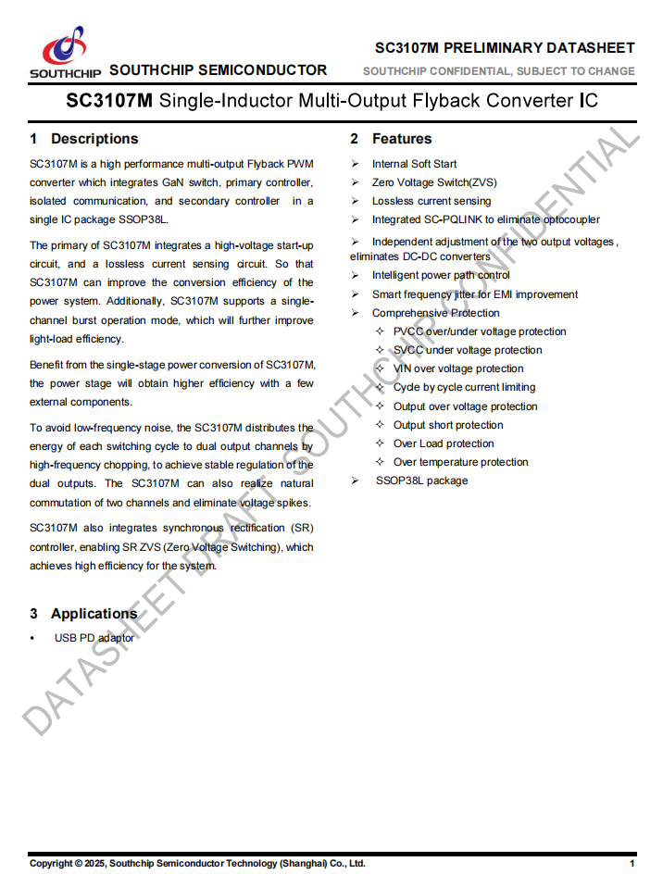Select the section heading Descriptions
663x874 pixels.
pos(94,139)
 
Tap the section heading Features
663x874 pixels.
pos(402,139)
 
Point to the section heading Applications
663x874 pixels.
pos(94,614)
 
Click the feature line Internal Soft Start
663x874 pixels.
pos(414,164)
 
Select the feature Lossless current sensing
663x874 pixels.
pos(432,201)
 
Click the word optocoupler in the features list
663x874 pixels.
pos(568,219)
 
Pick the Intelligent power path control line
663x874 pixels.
pos(441,275)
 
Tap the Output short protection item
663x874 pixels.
pos(448,425)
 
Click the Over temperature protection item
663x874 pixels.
pos(460,462)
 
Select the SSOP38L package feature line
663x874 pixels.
pos(421,481)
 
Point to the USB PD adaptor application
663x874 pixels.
pos(94,638)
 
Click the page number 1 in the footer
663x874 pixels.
pos(632,863)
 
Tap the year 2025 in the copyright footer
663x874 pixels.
pos(95,863)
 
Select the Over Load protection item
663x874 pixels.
pos(444,443)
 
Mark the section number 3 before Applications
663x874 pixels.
pos(34,614)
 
